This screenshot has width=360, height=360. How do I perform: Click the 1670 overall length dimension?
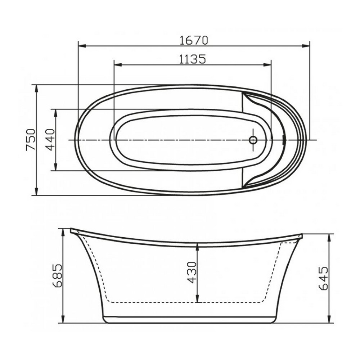(x=194, y=40)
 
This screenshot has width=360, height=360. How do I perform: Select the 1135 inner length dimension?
(x=192, y=59)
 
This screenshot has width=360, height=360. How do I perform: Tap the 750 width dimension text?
(x=31, y=140)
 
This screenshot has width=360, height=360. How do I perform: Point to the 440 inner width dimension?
(x=50, y=140)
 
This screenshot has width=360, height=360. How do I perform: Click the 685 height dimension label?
(x=57, y=275)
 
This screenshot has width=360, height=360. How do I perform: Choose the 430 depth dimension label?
(x=192, y=272)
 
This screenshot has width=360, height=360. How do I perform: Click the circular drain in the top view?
(x=253, y=140)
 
